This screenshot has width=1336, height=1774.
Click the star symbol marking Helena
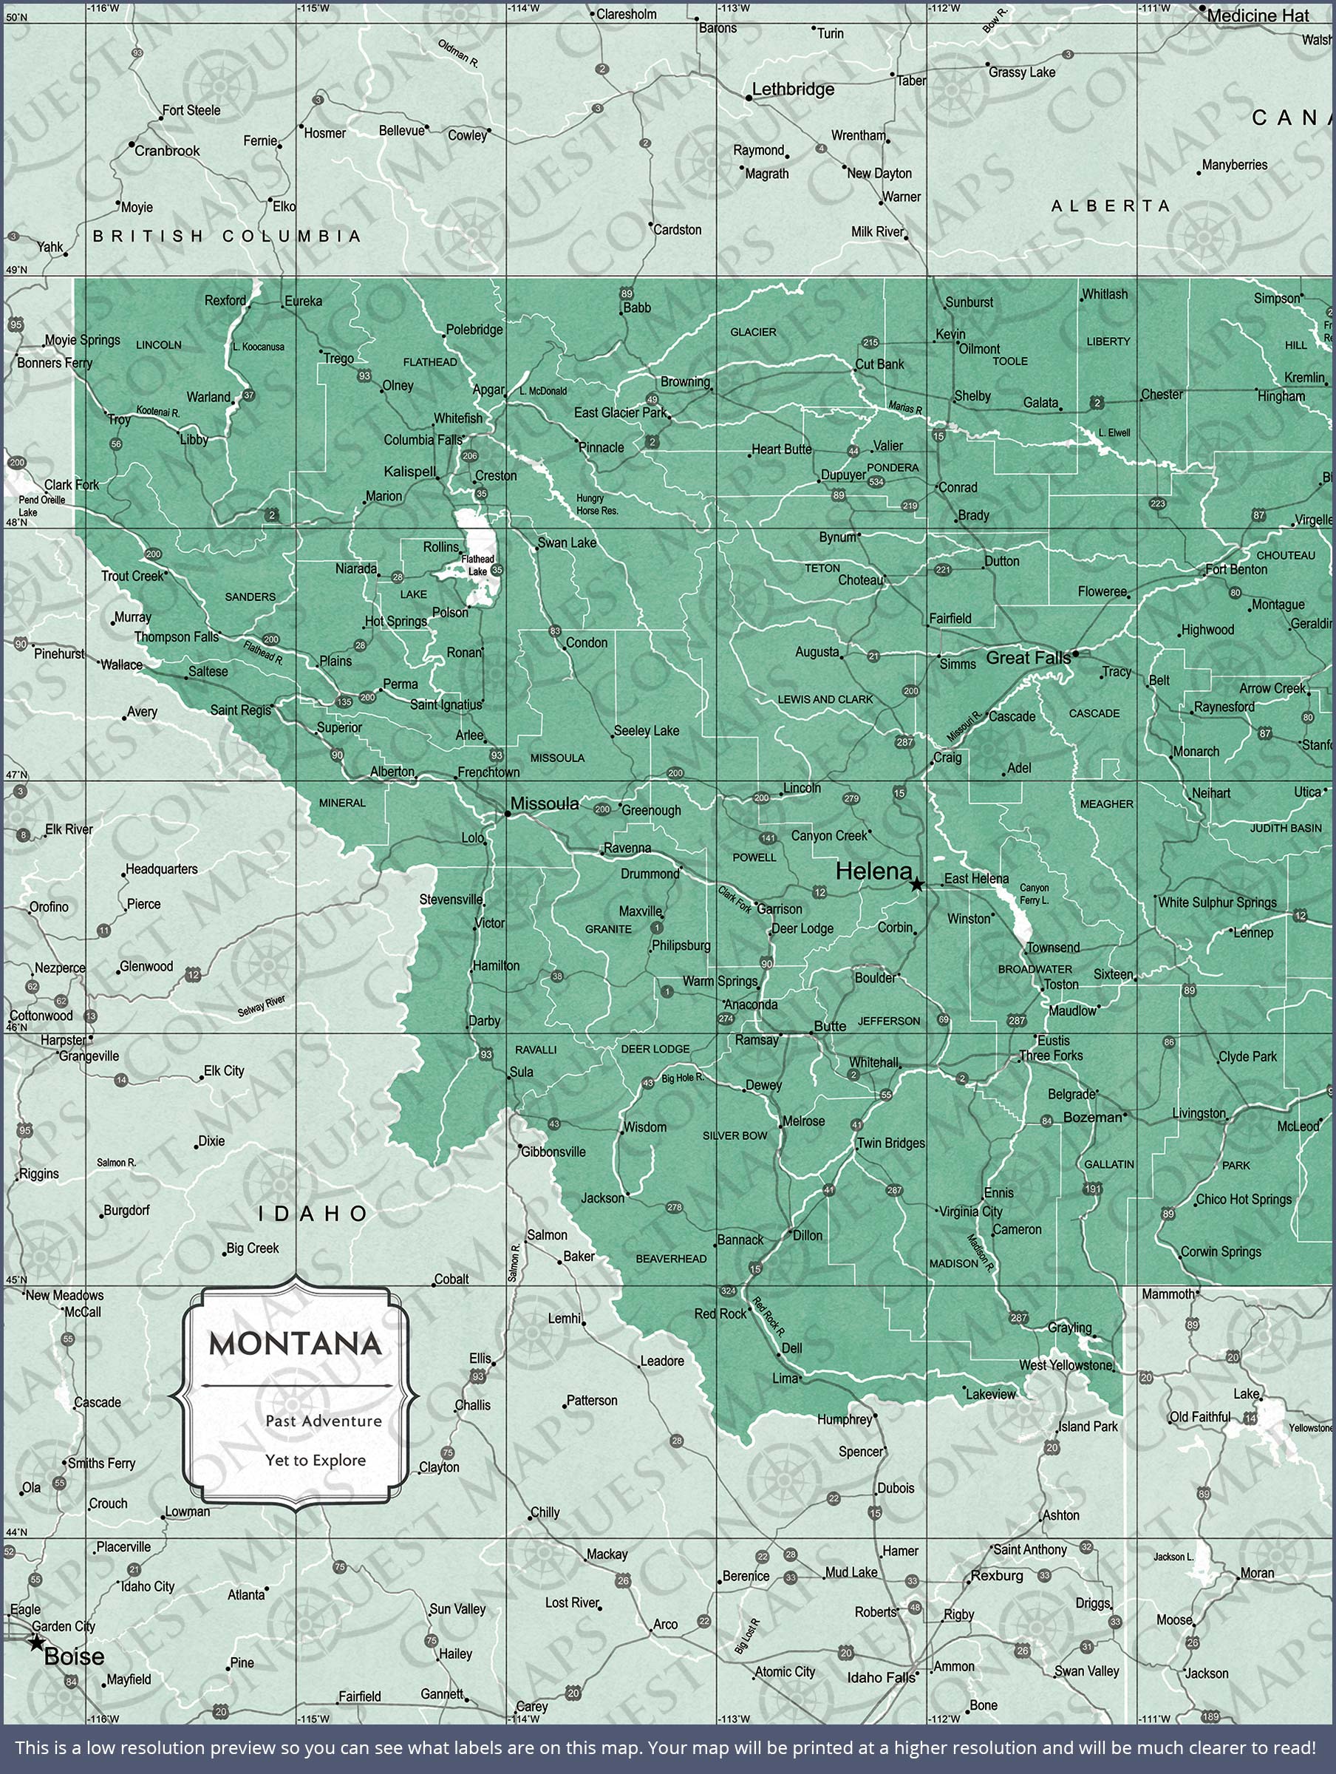point(916,885)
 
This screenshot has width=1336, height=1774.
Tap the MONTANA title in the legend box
point(295,1343)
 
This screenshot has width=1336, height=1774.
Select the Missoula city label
point(545,803)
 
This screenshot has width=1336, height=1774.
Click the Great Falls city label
point(1028,658)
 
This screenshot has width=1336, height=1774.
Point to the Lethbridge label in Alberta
point(792,89)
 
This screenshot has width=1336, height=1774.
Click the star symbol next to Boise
point(36,1642)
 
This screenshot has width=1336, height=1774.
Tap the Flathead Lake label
point(478,565)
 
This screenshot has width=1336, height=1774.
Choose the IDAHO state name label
point(313,1214)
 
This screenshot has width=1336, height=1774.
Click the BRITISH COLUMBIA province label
point(227,236)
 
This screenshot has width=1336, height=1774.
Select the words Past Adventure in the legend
point(323,1421)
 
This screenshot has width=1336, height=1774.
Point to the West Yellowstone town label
point(1066,1365)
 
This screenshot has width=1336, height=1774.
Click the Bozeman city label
point(1092,1117)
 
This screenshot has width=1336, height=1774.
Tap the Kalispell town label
point(410,472)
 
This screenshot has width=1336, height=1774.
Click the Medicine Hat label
point(1258,16)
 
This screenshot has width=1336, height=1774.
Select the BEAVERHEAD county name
point(671,1258)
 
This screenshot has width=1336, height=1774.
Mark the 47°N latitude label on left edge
point(16,775)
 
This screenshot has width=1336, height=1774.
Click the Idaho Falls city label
point(881,1677)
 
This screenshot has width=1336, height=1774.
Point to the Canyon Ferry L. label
point(1034,894)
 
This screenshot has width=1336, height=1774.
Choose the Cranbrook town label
point(167,151)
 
